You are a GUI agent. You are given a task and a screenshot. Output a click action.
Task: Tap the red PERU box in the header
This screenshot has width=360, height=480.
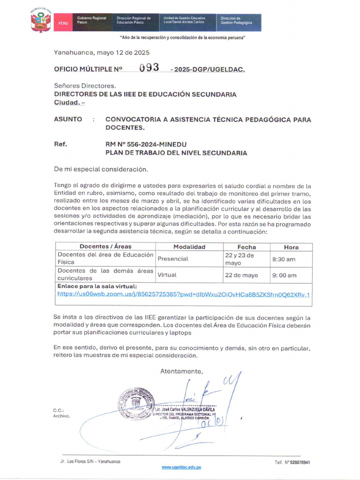tap(62, 22)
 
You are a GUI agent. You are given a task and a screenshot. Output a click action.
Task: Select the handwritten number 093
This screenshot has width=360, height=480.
tap(149, 67)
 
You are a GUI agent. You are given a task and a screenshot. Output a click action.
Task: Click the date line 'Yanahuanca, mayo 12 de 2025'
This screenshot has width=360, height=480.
tap(102, 52)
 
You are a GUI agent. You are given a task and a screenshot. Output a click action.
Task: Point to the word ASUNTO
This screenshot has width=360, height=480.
tap(68, 120)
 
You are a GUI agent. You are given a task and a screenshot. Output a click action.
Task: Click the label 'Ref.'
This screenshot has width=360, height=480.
tap(60, 144)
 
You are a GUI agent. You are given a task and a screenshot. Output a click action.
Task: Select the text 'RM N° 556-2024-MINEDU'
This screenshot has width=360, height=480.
tap(146, 144)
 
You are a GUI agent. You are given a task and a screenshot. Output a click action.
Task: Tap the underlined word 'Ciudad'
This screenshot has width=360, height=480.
tap(67, 102)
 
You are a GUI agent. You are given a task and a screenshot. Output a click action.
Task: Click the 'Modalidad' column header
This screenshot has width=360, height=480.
tap(189, 247)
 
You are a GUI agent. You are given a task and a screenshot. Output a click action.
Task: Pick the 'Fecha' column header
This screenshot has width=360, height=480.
tap(247, 247)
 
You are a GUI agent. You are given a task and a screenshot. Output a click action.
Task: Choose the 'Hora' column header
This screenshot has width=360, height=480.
tap(291, 247)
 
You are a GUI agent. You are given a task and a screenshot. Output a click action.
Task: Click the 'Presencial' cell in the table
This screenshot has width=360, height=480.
tap(172, 258)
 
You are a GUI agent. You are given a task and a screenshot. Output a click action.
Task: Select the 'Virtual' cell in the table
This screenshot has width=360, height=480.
tap(167, 275)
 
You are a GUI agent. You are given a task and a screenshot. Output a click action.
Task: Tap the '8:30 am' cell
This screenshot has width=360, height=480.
tap(284, 259)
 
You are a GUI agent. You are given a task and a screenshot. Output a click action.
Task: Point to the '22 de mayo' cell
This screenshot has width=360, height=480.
tap(241, 275)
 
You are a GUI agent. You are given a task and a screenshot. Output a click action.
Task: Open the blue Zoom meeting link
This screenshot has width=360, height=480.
tap(183, 294)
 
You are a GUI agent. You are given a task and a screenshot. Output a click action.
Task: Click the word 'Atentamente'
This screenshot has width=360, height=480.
tap(182, 371)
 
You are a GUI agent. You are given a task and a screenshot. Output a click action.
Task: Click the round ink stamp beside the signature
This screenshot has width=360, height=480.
tap(136, 403)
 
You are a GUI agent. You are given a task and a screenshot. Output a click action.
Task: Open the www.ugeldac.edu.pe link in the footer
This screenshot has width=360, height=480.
tap(181, 467)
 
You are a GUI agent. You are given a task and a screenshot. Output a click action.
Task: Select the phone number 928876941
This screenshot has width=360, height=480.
tap(298, 462)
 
